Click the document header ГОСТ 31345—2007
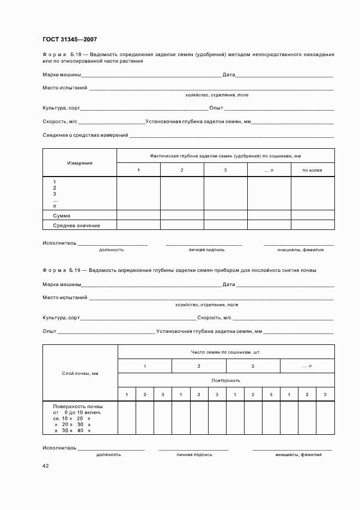tap(70, 39)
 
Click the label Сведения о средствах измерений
tap(85, 135)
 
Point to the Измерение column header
tap(80, 163)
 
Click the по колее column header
tap(312, 171)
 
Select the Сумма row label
tap(61, 216)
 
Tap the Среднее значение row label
tap(76, 225)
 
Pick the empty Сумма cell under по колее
tap(312, 216)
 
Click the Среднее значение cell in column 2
tap(182, 225)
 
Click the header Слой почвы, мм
tap(80, 373)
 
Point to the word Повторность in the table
tap(225, 380)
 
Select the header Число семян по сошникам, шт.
tap(225, 352)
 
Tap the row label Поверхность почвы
tap(77, 406)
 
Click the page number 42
tap(46, 466)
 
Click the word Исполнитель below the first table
tap(59, 243)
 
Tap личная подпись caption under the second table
tap(193, 454)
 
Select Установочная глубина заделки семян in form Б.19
tap(209, 331)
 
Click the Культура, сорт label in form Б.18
tap(61, 108)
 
